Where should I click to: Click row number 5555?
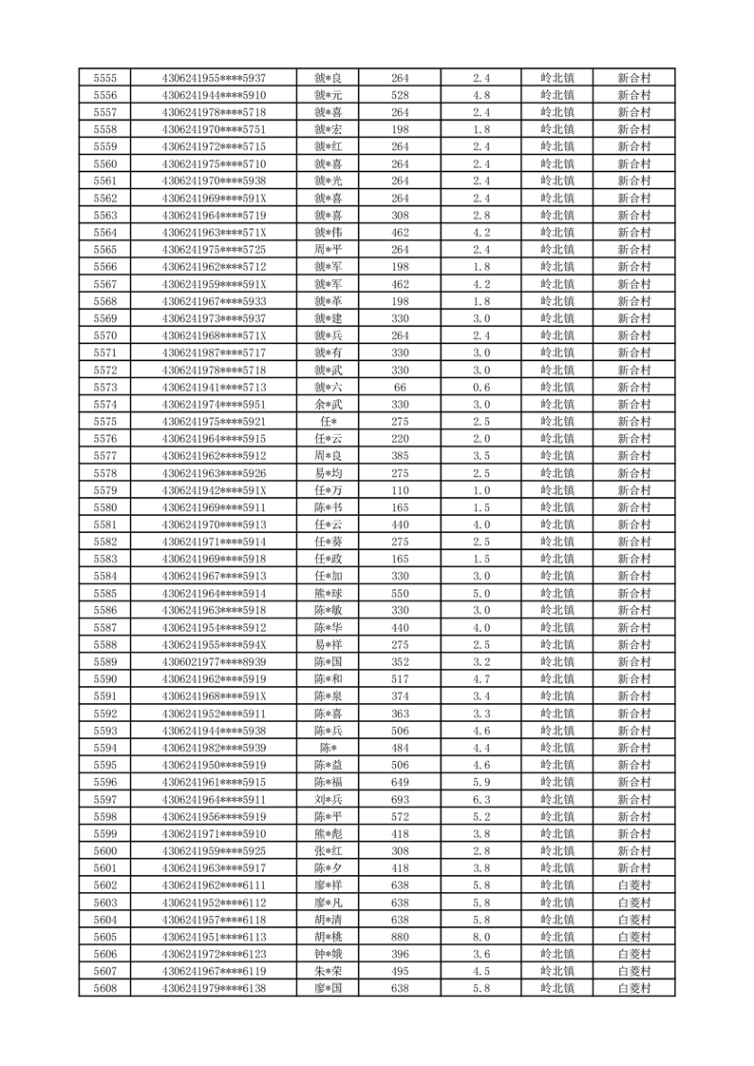pyautogui.click(x=105, y=78)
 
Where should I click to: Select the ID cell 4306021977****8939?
pyautogui.click(x=215, y=662)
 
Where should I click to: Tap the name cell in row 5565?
pyautogui.click(x=329, y=250)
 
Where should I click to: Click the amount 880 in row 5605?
pyautogui.click(x=400, y=937)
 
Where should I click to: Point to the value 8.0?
pyautogui.click(x=481, y=937)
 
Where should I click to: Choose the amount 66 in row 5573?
pyautogui.click(x=400, y=388)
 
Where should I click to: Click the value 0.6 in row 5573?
pyautogui.click(x=481, y=388)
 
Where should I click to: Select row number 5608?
pyautogui.click(x=105, y=988)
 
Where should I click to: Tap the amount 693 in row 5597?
pyautogui.click(x=400, y=800)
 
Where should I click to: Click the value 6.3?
pyautogui.click(x=481, y=800)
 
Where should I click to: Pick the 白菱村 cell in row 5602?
pyautogui.click(x=633, y=885)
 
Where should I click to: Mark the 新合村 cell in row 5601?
pyautogui.click(x=633, y=868)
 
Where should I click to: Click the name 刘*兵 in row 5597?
pyautogui.click(x=329, y=800)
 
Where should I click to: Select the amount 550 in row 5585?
pyautogui.click(x=400, y=594)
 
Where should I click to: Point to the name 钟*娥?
pyautogui.click(x=329, y=954)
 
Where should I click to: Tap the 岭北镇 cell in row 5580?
pyautogui.click(x=556, y=507)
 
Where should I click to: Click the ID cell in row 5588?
pyautogui.click(x=215, y=645)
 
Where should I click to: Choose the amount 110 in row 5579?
pyautogui.click(x=400, y=490)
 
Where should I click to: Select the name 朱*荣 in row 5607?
pyautogui.click(x=329, y=971)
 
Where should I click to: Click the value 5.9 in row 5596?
pyautogui.click(x=481, y=782)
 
